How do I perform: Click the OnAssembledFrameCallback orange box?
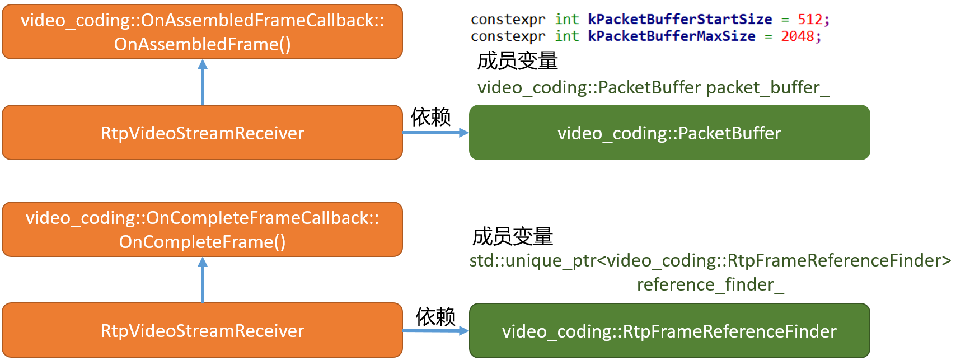click(x=202, y=32)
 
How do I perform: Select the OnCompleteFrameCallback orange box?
click(x=202, y=230)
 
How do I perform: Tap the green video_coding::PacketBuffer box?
click(x=669, y=133)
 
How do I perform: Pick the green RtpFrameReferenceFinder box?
click(x=669, y=331)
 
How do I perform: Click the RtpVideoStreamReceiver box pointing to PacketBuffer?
click(x=202, y=133)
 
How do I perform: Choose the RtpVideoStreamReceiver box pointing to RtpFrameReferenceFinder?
click(x=202, y=330)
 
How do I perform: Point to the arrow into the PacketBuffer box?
click(x=436, y=133)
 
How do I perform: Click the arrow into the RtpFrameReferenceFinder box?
click(x=436, y=330)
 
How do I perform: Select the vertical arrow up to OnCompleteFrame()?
click(x=203, y=279)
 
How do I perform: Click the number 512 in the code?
click(x=810, y=20)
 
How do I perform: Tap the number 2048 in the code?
click(x=798, y=36)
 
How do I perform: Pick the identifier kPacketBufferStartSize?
click(x=679, y=20)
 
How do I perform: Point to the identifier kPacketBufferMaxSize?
click(x=671, y=36)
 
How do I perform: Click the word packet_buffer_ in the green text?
click(x=768, y=87)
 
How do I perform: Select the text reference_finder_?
click(x=710, y=284)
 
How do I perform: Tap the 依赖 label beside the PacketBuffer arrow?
click(x=430, y=117)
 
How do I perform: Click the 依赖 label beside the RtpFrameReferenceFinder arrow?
click(x=435, y=316)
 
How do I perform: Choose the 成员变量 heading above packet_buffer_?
click(x=517, y=61)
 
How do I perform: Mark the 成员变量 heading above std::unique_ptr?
click(x=513, y=236)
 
